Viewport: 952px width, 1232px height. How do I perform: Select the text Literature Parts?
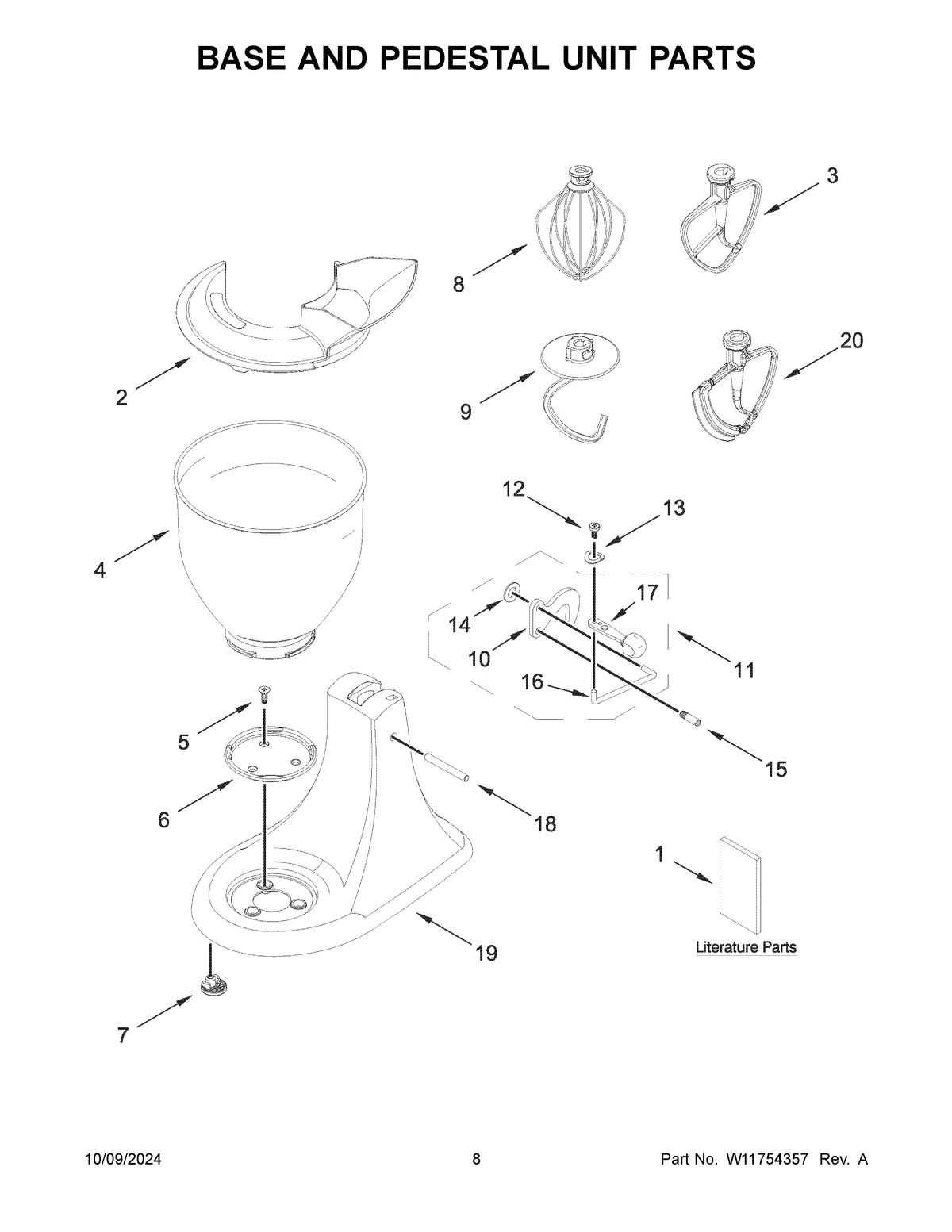pos(746,947)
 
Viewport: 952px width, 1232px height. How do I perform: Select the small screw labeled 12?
pos(593,528)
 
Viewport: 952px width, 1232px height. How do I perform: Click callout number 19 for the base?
pos(486,953)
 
